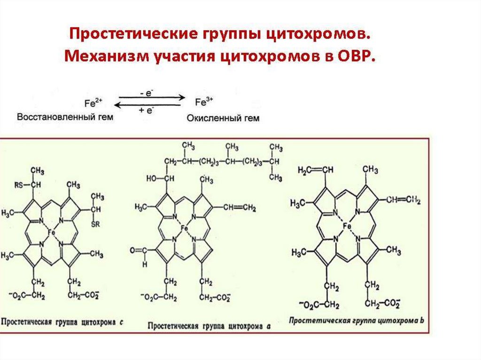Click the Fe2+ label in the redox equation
coord(94,103)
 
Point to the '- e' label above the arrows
coord(149,93)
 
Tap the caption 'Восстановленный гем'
coord(65,117)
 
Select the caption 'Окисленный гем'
coord(223,118)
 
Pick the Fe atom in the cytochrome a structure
coord(184,228)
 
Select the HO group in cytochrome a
coord(151,178)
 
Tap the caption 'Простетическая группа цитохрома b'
coord(357,321)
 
